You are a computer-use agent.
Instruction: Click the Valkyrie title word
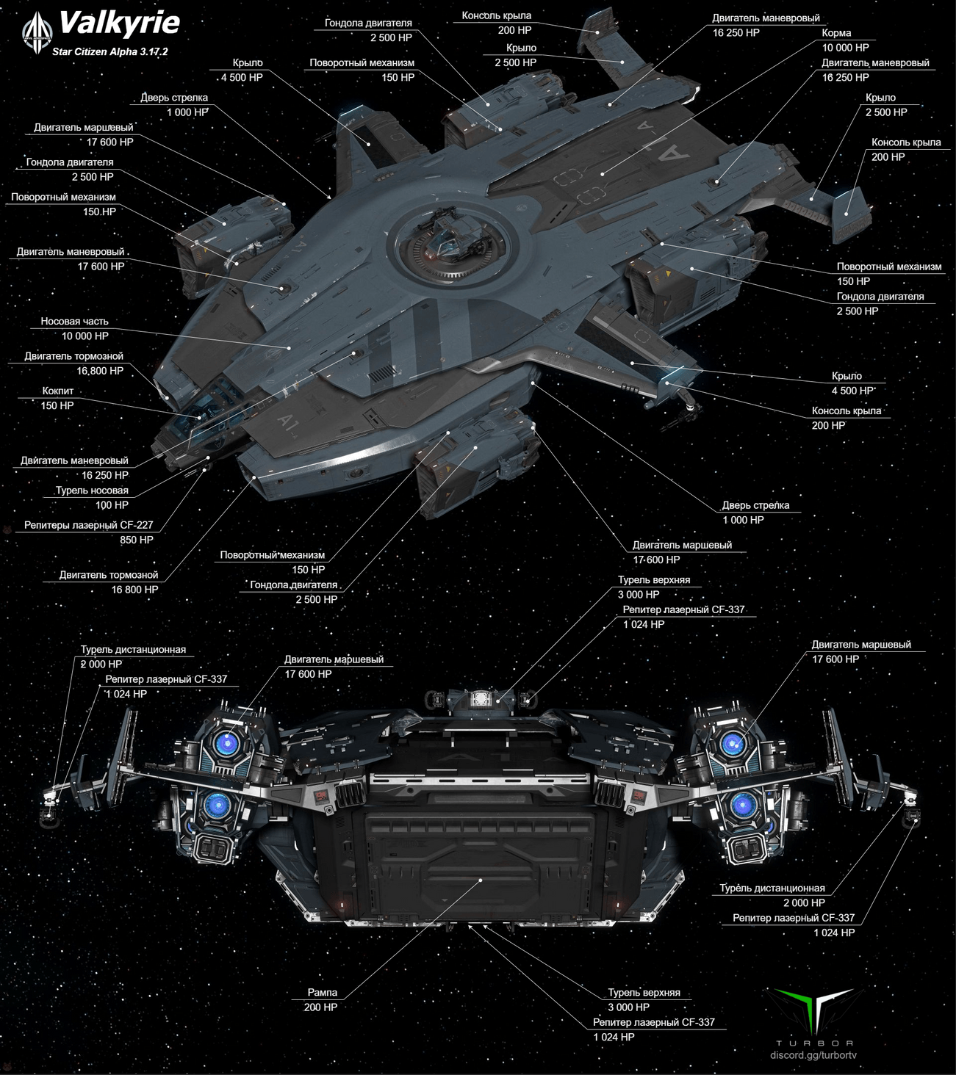click(119, 23)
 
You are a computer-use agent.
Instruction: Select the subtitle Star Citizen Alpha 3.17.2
click(109, 51)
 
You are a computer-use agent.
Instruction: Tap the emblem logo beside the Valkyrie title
click(36, 33)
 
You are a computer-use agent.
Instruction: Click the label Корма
click(836, 33)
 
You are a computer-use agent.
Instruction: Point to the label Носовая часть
click(74, 321)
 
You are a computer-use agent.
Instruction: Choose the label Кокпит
click(57, 391)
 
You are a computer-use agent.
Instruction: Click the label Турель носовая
click(92, 491)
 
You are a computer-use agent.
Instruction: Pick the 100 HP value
click(112, 505)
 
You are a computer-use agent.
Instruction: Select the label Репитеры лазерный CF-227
click(88, 525)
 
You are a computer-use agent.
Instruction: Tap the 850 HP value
click(137, 540)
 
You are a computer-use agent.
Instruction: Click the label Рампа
click(322, 992)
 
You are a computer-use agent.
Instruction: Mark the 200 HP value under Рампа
click(320, 1007)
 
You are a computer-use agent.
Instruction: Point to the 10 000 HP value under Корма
click(845, 48)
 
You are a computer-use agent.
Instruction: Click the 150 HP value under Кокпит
click(57, 405)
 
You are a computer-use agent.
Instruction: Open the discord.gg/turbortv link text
click(813, 1055)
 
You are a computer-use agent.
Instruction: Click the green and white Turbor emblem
click(814, 1010)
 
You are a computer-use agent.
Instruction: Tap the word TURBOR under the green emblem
click(814, 1043)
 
